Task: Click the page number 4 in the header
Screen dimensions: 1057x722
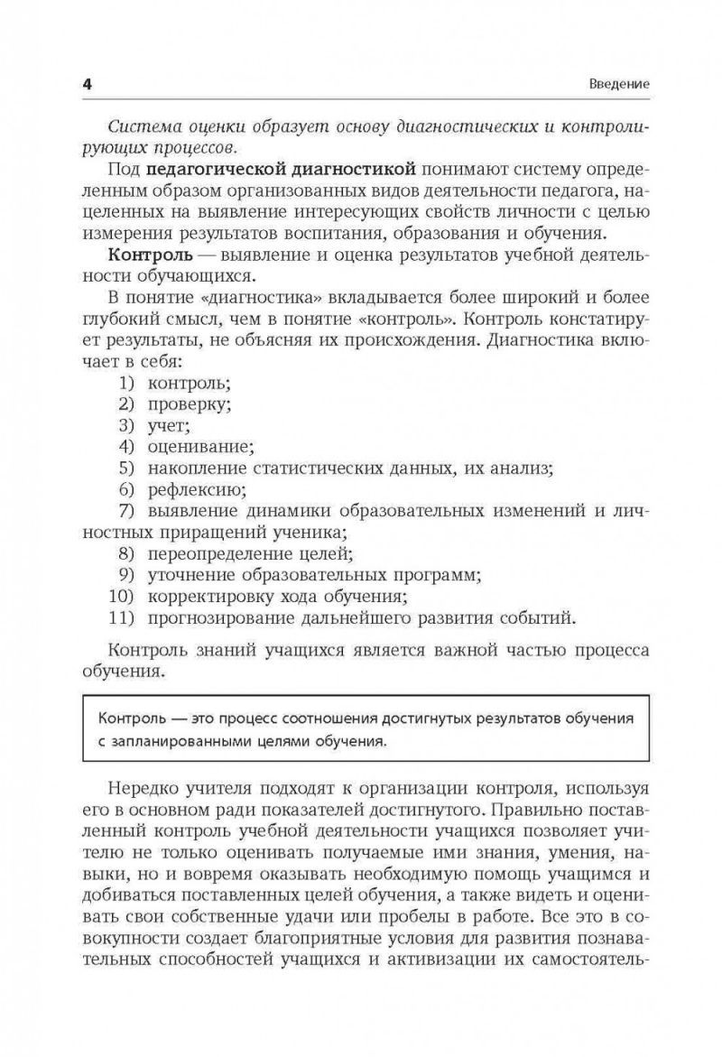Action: click(x=88, y=84)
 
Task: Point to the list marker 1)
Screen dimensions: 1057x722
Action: click(x=125, y=381)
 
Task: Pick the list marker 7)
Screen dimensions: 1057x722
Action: click(x=125, y=511)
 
